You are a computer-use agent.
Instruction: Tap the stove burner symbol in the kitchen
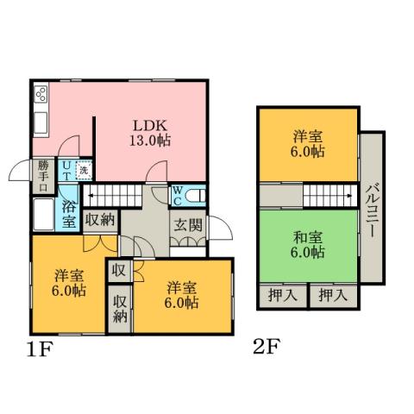pos(41,94)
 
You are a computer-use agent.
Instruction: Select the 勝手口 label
pos(42,176)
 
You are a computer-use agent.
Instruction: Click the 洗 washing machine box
pos(84,171)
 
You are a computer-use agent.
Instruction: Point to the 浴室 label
pos(70,213)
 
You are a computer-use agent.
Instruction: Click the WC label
pos(176,194)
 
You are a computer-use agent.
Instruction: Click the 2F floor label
pos(266,348)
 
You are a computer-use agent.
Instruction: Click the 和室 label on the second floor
pos(307,245)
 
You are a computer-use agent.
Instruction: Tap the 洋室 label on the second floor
pos(307,143)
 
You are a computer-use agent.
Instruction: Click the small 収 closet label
pos(118,271)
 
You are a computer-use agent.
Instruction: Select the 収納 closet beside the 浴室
pos(101,221)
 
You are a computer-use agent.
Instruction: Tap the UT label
pos(66,170)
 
